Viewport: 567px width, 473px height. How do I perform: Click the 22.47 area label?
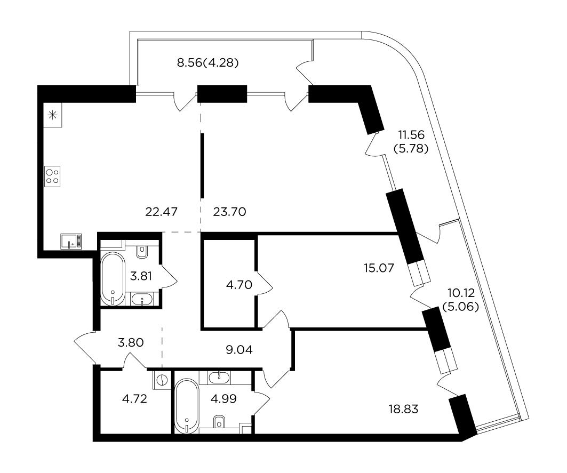161,212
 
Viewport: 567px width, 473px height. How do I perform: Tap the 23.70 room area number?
229,212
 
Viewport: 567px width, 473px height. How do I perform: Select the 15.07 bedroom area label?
379,268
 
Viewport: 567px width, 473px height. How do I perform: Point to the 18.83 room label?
404,409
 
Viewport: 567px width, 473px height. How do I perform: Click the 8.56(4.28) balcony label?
208,63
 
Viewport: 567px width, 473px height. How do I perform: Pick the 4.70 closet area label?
239,285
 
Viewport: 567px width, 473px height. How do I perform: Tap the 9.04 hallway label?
239,350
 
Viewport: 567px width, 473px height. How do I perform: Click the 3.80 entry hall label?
131,342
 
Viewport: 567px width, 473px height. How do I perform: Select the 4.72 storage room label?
134,399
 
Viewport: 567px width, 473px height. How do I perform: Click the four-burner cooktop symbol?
52,177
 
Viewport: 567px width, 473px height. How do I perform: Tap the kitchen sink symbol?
71,241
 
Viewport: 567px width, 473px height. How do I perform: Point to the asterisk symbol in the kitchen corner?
53,115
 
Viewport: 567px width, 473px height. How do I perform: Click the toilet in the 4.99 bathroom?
219,422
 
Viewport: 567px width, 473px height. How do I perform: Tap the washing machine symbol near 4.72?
162,380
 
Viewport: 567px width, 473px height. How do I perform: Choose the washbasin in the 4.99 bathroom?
219,378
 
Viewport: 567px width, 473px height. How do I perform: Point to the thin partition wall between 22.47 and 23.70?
202,166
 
